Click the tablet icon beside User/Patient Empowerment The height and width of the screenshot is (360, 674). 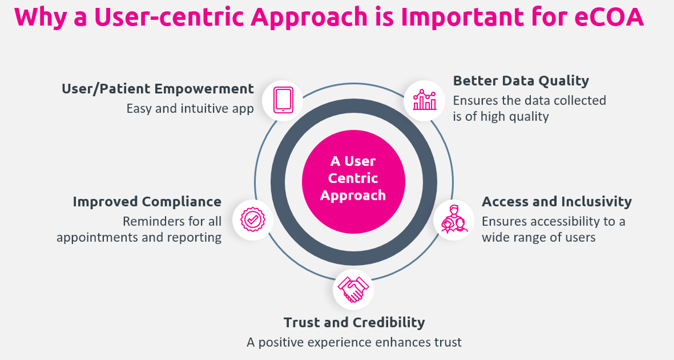coord(283,100)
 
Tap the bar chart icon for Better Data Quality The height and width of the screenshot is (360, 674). coord(425,100)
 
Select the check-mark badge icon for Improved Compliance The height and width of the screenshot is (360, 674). coord(253,220)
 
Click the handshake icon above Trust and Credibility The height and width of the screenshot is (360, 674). coord(353,289)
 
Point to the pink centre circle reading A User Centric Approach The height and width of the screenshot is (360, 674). coord(353,182)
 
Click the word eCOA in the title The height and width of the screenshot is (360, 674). coord(609,17)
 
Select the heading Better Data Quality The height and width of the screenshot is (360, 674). coord(521,81)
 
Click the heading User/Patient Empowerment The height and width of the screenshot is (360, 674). coord(158,89)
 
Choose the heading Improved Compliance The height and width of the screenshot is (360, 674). coord(147,202)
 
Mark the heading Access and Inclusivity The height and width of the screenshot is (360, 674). coord(557,202)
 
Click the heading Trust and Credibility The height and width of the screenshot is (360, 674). coord(354,323)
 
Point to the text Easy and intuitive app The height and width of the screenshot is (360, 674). coord(190,109)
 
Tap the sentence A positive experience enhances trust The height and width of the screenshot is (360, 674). coord(354,342)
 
